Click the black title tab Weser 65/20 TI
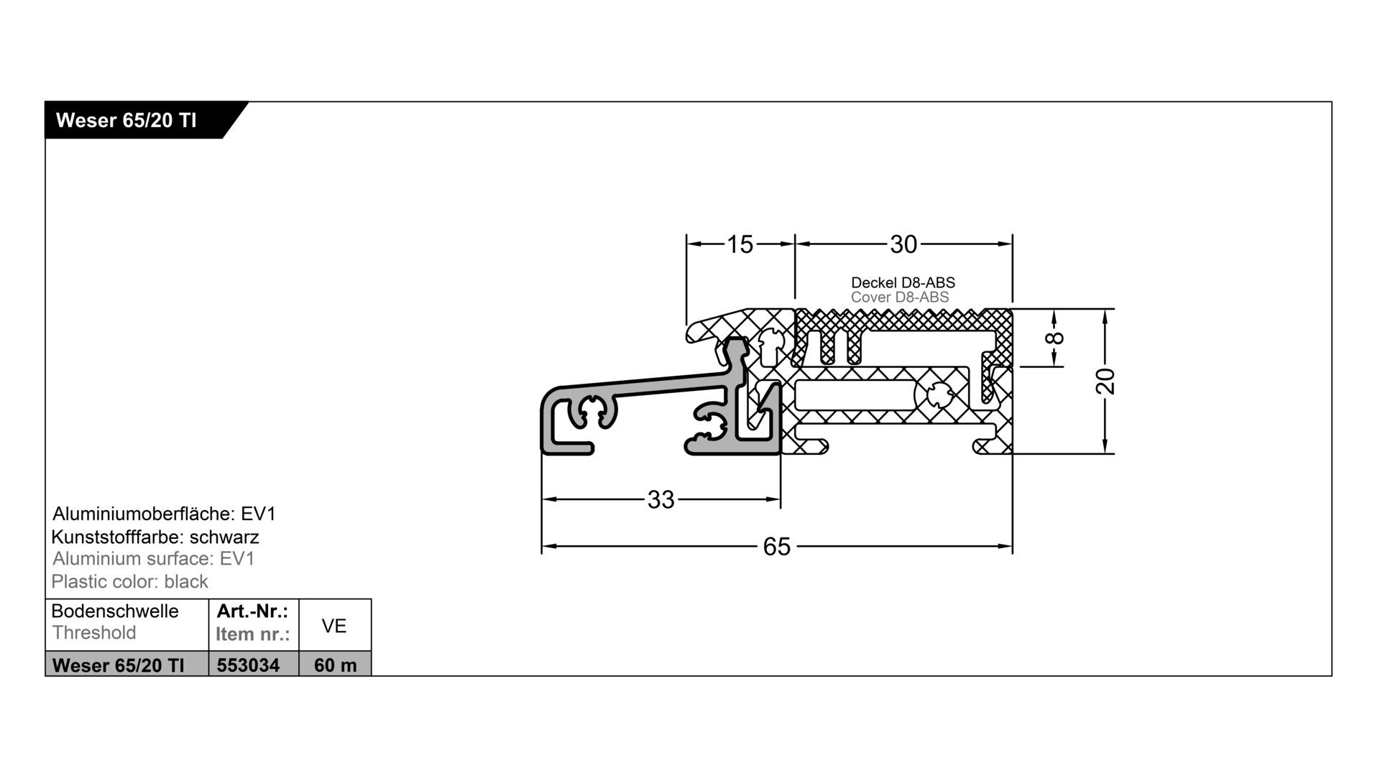(137, 120)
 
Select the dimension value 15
(740, 244)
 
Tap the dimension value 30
(903, 244)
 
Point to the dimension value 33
(661, 499)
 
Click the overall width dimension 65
(777, 547)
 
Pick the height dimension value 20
(1105, 381)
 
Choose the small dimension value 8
(1057, 338)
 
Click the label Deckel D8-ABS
(903, 282)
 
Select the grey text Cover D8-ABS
(900, 297)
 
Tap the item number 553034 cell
(248, 665)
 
